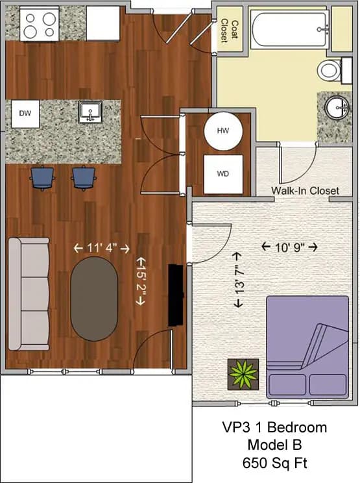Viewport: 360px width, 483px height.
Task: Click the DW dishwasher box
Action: click(25, 114)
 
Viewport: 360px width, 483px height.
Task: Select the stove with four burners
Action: click(40, 25)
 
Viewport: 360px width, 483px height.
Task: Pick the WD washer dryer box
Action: click(222, 174)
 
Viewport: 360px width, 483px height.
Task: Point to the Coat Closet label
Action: click(230, 31)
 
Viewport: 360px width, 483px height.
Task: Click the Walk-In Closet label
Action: click(305, 191)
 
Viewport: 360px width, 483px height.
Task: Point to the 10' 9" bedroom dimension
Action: click(289, 247)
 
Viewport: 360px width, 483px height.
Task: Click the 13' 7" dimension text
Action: click(240, 279)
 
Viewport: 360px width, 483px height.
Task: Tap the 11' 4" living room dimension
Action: click(101, 248)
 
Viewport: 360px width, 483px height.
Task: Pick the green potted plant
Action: click(243, 374)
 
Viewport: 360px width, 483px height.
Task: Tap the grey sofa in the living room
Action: click(29, 293)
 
